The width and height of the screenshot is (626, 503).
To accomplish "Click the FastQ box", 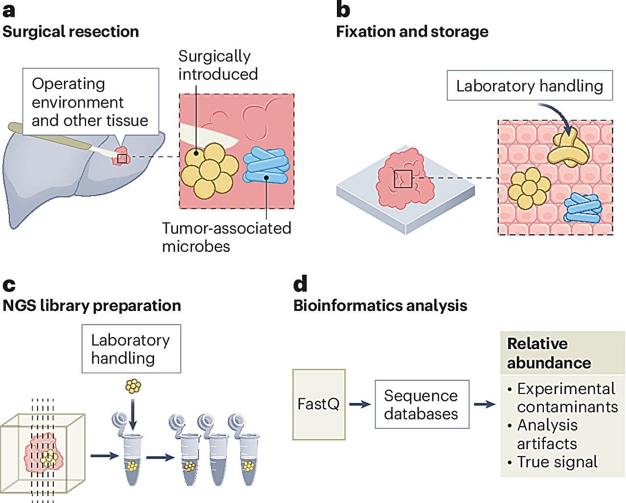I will tap(319, 404).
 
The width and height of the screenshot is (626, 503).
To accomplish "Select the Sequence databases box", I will tap(422, 404).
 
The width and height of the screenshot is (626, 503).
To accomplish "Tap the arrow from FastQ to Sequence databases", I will tap(360, 404).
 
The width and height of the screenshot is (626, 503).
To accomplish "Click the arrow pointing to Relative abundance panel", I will tap(484, 404).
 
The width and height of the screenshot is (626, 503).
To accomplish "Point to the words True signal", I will tap(557, 462).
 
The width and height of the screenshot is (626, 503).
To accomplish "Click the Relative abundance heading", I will tap(548, 353).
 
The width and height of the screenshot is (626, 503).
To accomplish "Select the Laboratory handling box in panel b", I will tap(529, 86).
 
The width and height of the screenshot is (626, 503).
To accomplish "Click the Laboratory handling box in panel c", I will tap(131, 349).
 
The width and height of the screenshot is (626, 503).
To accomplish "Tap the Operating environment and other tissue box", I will tap(90, 102).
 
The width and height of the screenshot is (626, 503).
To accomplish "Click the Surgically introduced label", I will tap(218, 65).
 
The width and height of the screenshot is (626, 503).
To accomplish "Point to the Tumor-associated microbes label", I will tap(226, 237).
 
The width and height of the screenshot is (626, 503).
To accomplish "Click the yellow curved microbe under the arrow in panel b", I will tap(568, 149).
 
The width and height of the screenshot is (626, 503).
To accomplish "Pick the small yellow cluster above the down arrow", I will tap(133, 387).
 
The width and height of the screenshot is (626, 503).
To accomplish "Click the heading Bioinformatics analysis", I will tap(380, 306).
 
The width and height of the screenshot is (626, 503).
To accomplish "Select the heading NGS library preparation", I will tap(92, 306).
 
